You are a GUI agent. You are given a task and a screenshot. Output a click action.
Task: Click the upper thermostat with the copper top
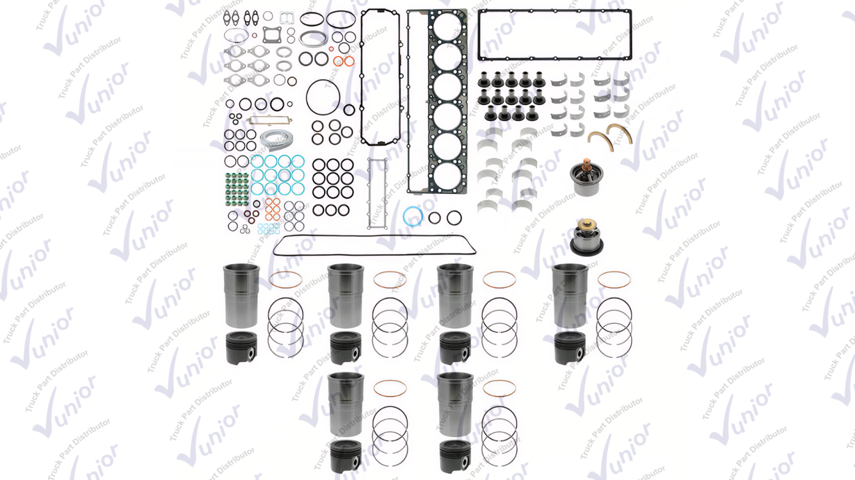586,177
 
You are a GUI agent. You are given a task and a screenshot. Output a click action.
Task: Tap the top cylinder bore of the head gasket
447,26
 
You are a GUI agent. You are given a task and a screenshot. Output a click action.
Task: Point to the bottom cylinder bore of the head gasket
447,176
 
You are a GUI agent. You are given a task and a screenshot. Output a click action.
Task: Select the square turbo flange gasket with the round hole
272,35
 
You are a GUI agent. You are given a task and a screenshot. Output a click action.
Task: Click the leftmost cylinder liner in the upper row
241,295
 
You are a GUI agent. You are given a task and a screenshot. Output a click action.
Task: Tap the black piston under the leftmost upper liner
241,348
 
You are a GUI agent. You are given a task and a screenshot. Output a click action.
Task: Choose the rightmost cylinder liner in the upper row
570,295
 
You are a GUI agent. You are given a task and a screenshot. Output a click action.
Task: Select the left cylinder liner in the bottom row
346,404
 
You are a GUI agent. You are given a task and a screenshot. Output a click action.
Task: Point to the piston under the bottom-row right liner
455,457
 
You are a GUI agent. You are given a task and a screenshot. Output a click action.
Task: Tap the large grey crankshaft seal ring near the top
313,38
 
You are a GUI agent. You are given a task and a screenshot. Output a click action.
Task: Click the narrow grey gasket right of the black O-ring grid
377,194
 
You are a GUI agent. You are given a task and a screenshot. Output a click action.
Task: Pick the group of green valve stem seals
237,189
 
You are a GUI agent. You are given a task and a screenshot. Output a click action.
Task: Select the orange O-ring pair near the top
344,61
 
